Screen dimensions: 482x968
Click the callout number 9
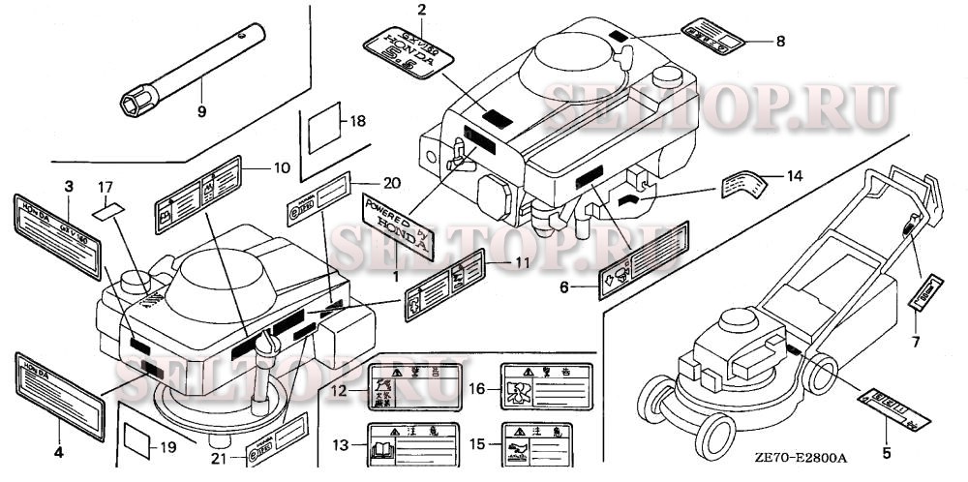202,111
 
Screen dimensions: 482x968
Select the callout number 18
358,121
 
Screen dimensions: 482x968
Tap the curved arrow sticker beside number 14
747,183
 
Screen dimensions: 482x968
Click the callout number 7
915,341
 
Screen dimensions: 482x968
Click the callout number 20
363,183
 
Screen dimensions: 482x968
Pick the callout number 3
69,185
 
